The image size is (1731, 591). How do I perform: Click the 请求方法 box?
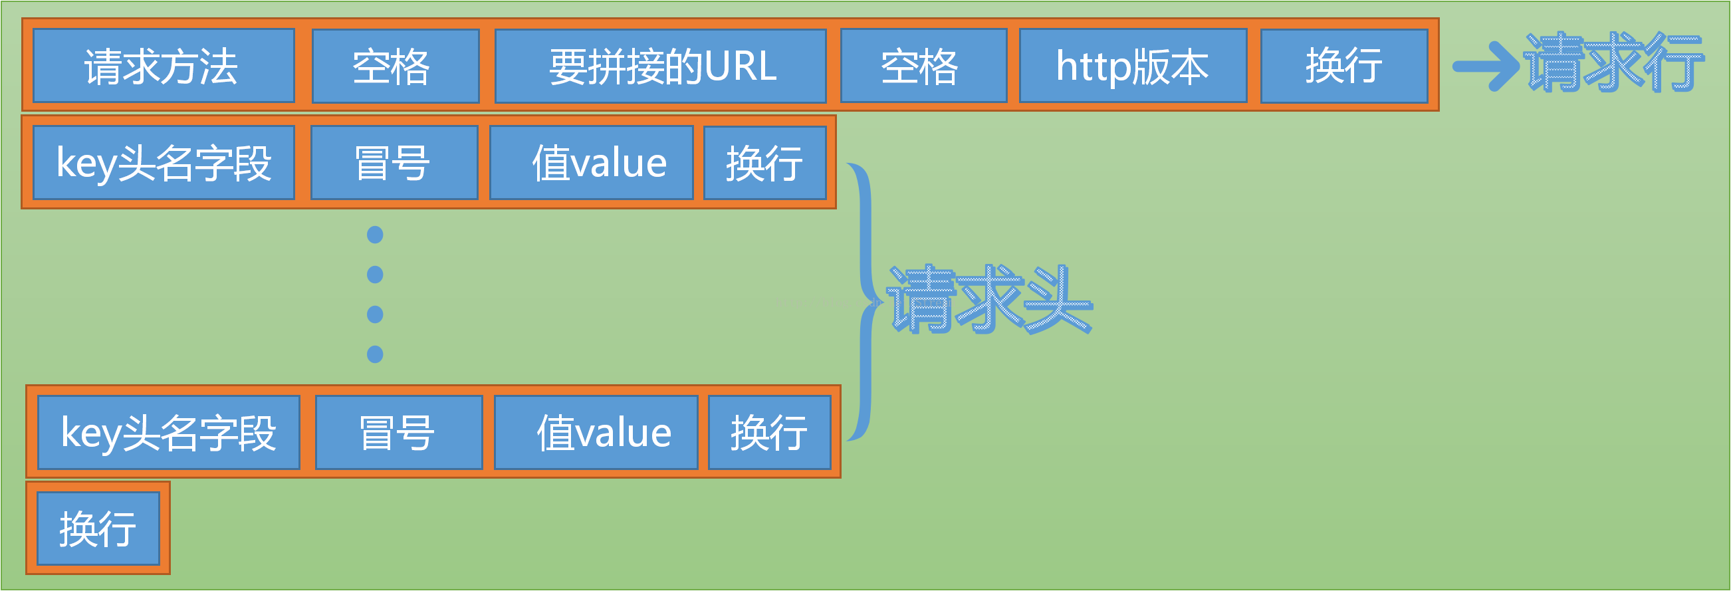[x=164, y=66]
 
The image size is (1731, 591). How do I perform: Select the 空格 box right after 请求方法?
[x=395, y=66]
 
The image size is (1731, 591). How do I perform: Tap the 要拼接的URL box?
[x=661, y=66]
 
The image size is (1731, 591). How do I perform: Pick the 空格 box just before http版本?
[x=923, y=66]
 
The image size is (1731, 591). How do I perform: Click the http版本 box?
[x=1133, y=66]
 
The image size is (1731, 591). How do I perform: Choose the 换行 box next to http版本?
[x=1344, y=66]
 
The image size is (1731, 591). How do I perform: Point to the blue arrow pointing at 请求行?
[x=1486, y=66]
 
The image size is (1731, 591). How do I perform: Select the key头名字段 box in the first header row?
[x=164, y=163]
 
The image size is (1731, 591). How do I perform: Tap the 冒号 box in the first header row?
[x=394, y=163]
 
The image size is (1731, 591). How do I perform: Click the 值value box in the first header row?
[x=592, y=163]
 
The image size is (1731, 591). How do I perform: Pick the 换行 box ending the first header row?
[x=764, y=163]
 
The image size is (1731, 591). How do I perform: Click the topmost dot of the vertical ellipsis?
[x=375, y=235]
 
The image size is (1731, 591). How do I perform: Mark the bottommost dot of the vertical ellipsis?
[x=375, y=354]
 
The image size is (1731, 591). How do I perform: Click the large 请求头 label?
[x=989, y=300]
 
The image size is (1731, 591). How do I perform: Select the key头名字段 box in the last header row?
[x=168, y=432]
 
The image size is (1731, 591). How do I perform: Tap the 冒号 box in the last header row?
[x=398, y=432]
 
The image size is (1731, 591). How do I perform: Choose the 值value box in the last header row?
[x=596, y=432]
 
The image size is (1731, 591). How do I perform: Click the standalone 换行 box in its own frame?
[x=98, y=529]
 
